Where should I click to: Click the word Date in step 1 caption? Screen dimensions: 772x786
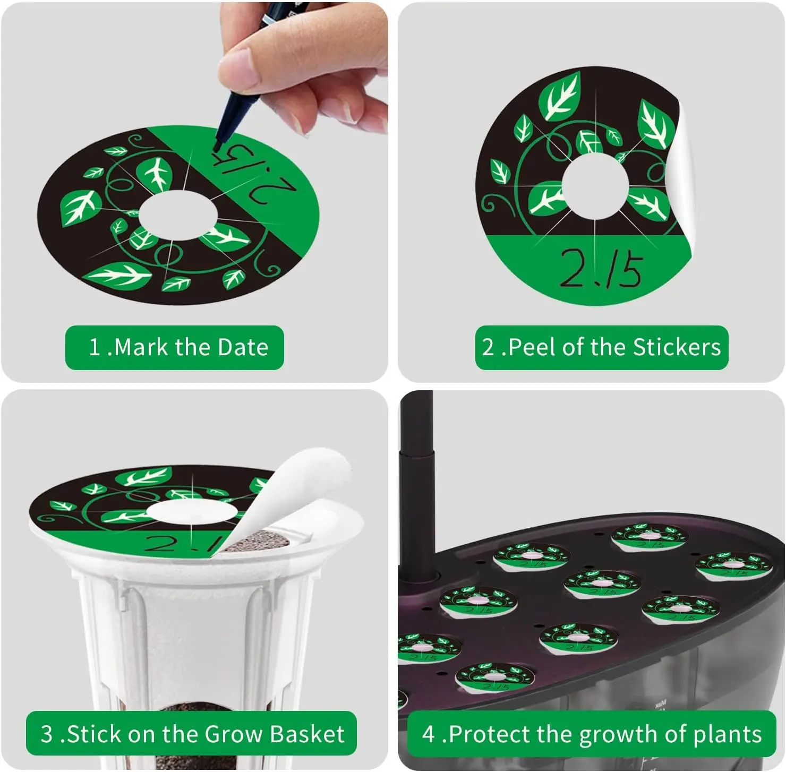coord(243,348)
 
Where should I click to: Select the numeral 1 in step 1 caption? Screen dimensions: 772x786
coord(95,348)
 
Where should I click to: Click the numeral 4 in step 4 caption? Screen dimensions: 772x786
coord(428,735)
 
